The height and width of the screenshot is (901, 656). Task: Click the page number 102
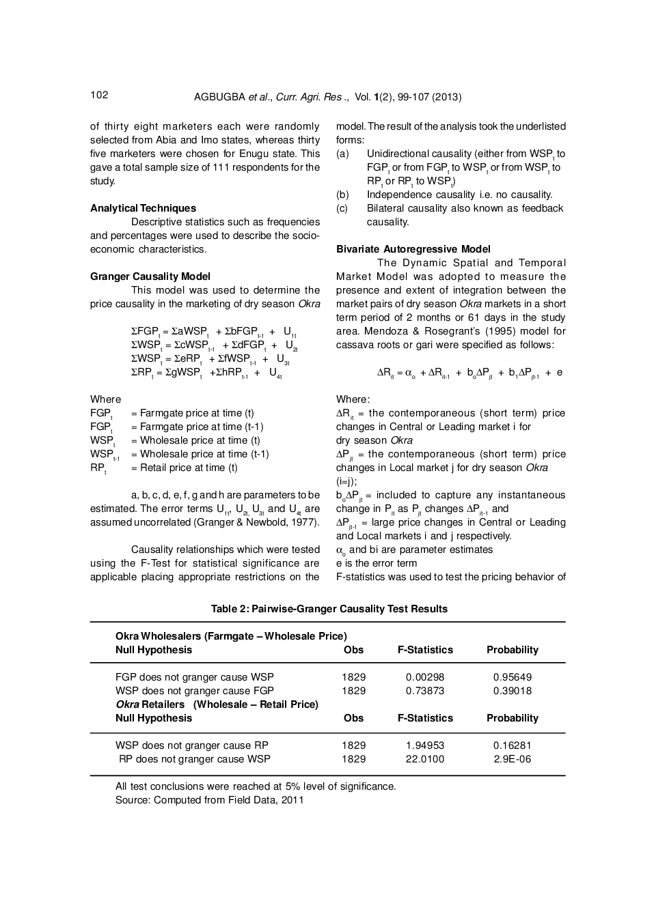(99, 95)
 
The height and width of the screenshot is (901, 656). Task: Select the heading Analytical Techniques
(143, 208)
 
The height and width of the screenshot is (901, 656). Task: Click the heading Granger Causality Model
(150, 276)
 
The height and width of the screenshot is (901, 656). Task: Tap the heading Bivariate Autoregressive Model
(413, 249)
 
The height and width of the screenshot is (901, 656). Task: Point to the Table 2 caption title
(329, 609)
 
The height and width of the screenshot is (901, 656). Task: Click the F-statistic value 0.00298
(424, 677)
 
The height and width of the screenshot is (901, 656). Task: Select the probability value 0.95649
(512, 677)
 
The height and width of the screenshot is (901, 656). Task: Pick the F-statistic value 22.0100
(424, 759)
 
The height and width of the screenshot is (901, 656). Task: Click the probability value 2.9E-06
(512, 759)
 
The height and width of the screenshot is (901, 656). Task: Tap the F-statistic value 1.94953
(424, 745)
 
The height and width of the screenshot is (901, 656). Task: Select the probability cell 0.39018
(512, 691)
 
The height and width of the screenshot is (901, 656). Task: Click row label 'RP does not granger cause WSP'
(194, 759)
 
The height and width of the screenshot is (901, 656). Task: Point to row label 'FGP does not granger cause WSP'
(194, 677)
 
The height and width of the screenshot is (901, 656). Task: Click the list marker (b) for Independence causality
(342, 195)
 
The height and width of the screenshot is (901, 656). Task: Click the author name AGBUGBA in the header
(219, 97)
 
